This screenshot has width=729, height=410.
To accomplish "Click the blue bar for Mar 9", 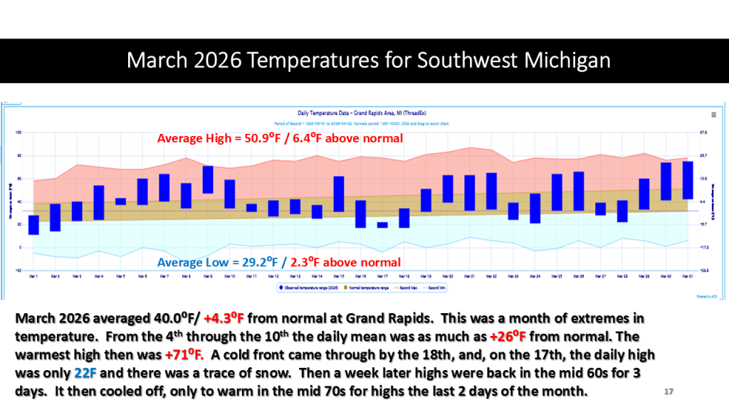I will [x=208, y=179].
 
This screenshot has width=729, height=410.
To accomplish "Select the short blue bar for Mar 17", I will [x=382, y=225].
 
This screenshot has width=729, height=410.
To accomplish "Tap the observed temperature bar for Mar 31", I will [x=688, y=180].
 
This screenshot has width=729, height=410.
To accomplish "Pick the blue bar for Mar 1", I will [x=33, y=224].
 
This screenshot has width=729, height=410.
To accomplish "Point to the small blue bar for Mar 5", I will [x=120, y=201].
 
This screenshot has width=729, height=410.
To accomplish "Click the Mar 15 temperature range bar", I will [x=339, y=194].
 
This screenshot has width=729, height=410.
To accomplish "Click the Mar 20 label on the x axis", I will [x=448, y=275].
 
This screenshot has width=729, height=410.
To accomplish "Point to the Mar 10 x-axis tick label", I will [x=230, y=275].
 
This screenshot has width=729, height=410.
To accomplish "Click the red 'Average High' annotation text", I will [x=280, y=138].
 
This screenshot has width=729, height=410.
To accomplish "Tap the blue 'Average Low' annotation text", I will [x=278, y=261].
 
